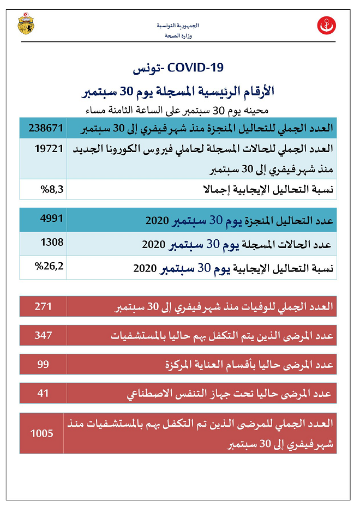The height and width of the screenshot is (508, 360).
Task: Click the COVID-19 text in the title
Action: [196, 68]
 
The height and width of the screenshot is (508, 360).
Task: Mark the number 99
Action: [43, 363]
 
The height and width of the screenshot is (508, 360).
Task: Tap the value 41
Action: [43, 391]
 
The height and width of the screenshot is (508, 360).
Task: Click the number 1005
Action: [42, 433]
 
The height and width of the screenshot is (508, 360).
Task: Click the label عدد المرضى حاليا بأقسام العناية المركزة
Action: [249, 365]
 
